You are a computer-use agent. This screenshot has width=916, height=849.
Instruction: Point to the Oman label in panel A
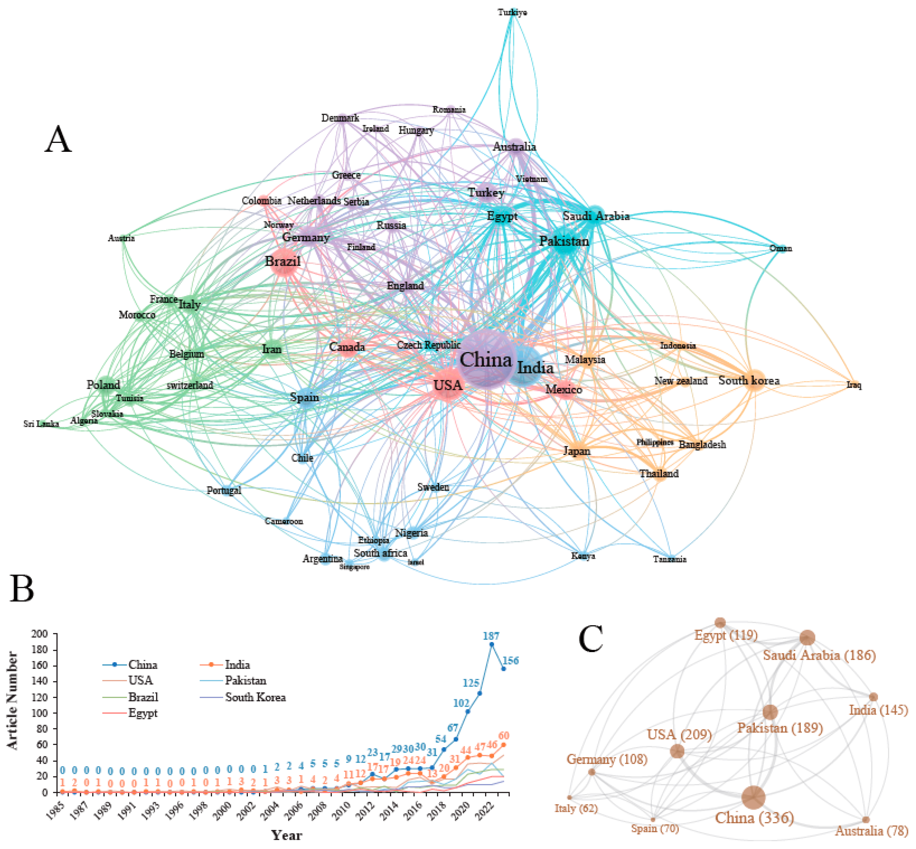pyautogui.click(x=780, y=248)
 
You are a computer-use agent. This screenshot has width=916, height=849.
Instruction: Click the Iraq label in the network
pyautogui.click(x=854, y=385)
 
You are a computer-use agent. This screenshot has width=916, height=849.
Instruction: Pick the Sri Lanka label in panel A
pyautogui.click(x=41, y=423)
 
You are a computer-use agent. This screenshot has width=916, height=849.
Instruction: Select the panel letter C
pyautogui.click(x=591, y=639)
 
